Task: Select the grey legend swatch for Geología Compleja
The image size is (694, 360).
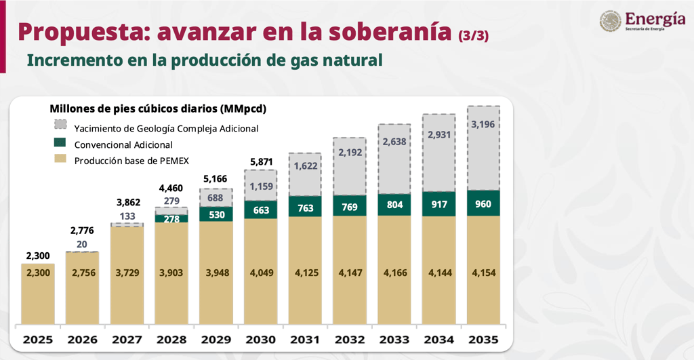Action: coord(60,125)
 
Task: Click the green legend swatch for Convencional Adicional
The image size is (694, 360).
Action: coord(60,143)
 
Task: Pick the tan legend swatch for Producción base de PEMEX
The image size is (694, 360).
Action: coord(60,159)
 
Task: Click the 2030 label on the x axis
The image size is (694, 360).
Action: coord(260,339)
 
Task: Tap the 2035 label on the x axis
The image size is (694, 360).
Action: coord(483,339)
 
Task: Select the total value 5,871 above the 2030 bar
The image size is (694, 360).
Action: coord(260,161)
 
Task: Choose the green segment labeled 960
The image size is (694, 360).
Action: coord(483,203)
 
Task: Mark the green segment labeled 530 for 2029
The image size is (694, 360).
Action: coord(216,214)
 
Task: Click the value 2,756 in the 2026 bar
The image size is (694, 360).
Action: coord(82,273)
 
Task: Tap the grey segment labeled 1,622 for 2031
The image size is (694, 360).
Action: coord(305,165)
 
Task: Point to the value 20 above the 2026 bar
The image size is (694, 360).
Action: coord(82,245)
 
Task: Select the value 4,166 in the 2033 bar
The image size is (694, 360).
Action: coord(394,273)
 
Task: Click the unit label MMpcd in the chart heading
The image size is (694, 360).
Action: coord(243,108)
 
